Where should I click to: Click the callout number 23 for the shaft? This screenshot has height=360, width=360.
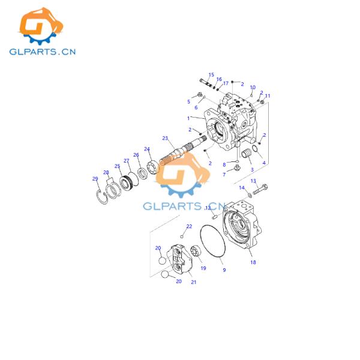coord(165,138)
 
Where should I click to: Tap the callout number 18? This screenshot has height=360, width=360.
coord(253,262)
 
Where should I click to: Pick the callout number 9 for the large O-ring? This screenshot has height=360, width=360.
coord(224,271)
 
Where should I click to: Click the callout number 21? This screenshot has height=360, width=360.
coord(193,282)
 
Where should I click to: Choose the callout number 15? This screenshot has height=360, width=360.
coord(211,75)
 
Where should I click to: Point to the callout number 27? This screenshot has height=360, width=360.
coord(127,160)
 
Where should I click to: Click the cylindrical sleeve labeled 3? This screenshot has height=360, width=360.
coord(244,157)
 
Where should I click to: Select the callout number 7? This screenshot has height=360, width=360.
coord(224,175)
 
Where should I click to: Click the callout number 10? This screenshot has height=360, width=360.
coord(253,88)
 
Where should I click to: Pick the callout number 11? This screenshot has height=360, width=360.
coord(268,95)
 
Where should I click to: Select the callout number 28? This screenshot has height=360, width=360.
coord(107,173)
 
